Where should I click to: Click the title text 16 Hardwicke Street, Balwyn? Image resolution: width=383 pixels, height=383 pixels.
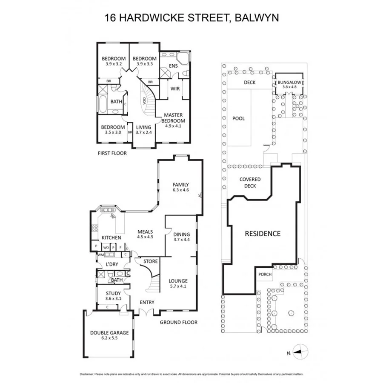[191, 18]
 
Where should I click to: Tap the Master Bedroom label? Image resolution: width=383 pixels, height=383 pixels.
[174, 118]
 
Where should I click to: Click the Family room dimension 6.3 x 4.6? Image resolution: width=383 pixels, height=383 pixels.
[180, 190]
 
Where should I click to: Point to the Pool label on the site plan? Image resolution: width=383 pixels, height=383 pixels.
[238, 119]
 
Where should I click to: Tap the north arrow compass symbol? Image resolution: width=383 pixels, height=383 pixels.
[300, 352]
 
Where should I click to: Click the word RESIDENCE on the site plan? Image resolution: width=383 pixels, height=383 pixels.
[263, 233]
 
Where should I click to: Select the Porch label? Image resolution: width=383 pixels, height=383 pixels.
[265, 274]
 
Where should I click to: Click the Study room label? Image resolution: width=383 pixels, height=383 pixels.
[113, 293]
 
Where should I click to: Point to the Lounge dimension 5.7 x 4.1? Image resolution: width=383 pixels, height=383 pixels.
[178, 287]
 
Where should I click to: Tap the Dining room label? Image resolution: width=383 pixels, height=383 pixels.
[182, 234]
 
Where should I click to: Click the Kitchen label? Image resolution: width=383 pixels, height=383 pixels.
[111, 237]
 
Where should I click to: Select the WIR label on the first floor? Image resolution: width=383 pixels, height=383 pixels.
[174, 89]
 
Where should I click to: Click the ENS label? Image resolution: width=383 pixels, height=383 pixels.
[173, 66]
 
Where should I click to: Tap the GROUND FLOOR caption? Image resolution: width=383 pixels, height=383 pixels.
[178, 322]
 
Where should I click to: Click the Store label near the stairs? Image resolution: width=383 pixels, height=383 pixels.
[151, 261]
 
